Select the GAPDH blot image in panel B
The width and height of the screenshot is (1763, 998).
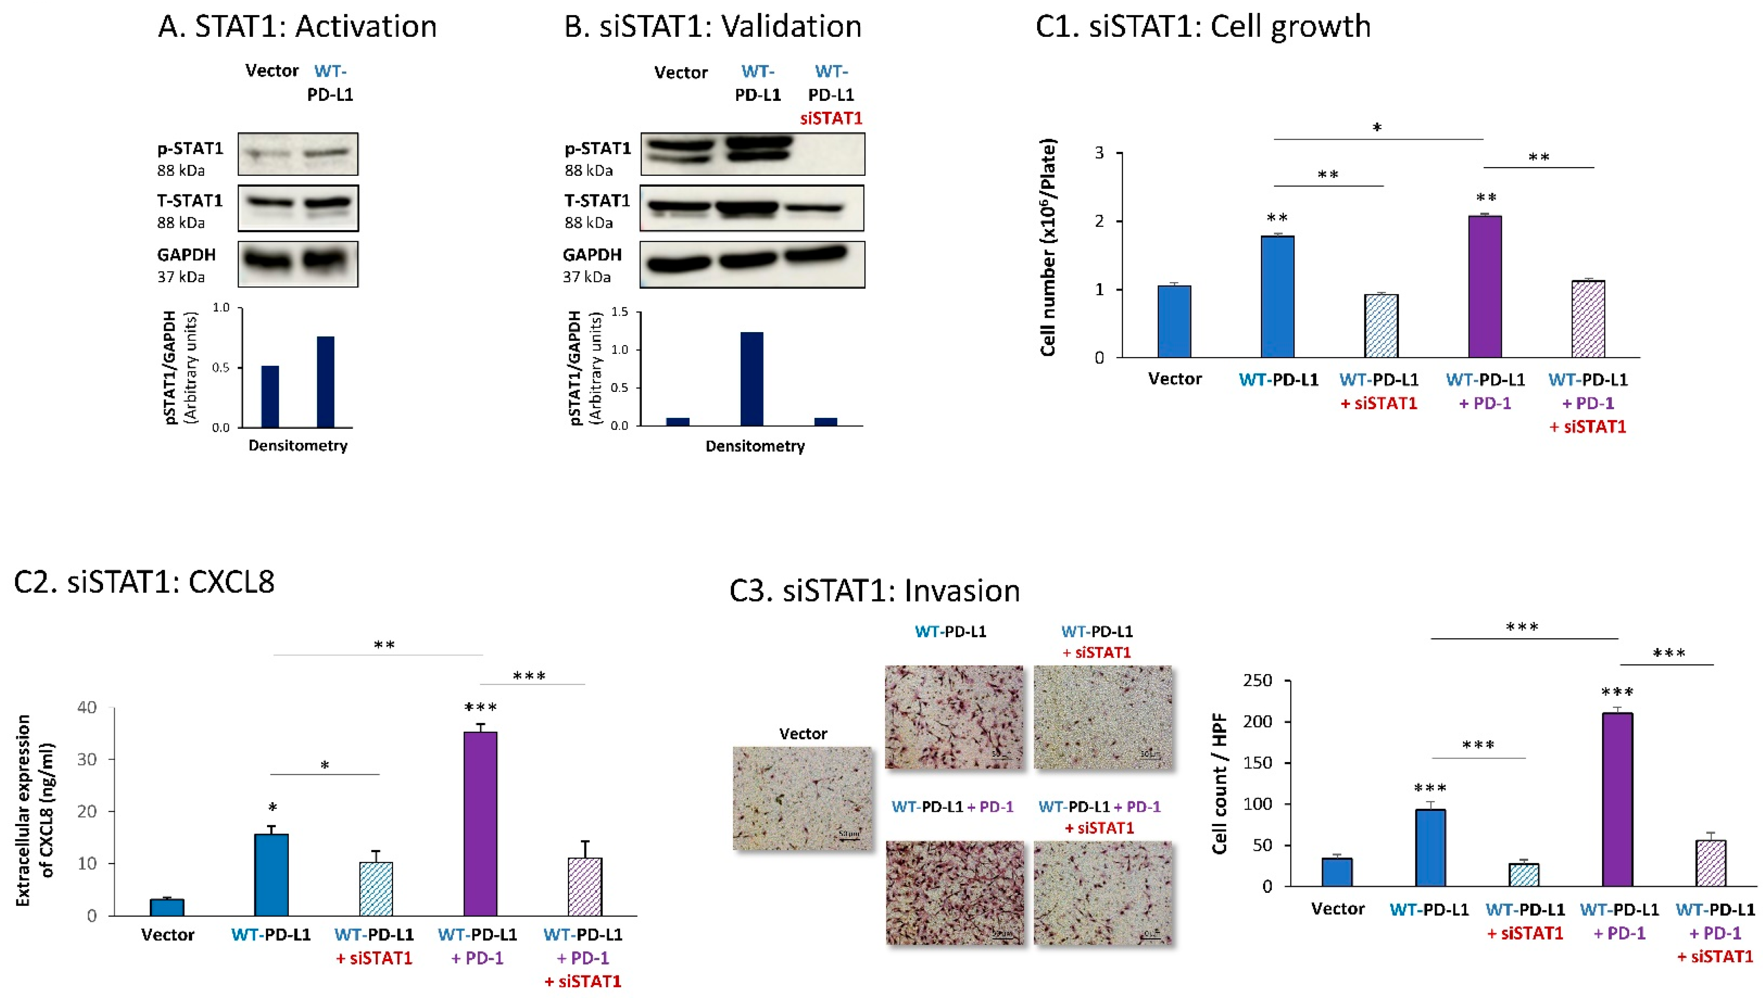[752, 264]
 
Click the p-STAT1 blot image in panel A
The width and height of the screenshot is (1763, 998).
[298, 154]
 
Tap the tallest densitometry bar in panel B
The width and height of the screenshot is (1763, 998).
[752, 378]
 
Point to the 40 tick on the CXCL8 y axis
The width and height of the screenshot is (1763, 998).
[87, 707]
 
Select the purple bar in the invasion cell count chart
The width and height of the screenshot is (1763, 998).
[1617, 799]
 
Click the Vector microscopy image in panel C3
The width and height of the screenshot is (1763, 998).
[803, 798]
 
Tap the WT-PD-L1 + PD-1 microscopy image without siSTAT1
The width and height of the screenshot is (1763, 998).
[954, 892]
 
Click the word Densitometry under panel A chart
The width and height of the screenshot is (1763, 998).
[298, 446]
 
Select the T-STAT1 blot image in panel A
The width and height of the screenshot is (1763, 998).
[298, 208]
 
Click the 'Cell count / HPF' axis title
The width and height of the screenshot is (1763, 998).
[1220, 783]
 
